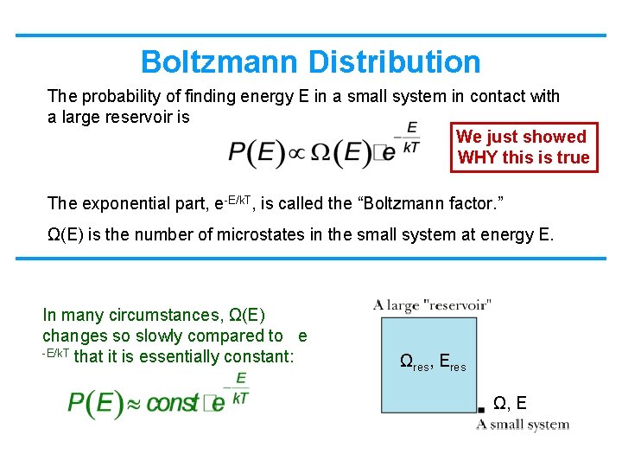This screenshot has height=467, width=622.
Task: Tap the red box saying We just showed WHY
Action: pos(523,147)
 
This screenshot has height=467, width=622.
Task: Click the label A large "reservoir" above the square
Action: pos(433,304)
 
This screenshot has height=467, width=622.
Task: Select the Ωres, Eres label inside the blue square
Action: pos(433,362)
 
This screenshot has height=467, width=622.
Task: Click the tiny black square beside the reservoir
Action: pos(481,408)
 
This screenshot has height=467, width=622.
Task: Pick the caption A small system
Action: pos(523,425)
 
